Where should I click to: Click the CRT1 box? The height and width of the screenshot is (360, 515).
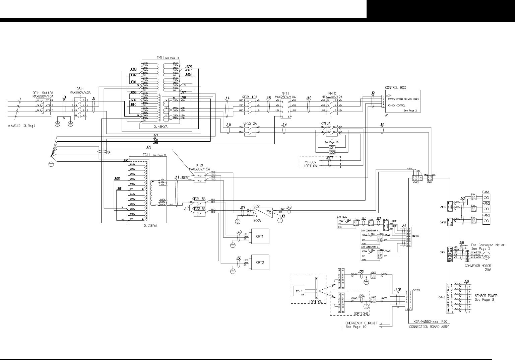(260, 236)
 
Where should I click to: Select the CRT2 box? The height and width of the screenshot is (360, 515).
(260, 262)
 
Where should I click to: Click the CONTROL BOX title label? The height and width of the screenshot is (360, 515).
(395, 88)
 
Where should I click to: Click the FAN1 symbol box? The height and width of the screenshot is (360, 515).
(486, 198)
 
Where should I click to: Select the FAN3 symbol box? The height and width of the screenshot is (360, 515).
(486, 221)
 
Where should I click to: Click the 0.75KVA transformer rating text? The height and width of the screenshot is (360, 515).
(150, 225)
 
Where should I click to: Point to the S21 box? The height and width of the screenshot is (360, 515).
(332, 147)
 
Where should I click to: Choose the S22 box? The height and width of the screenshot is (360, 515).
(332, 152)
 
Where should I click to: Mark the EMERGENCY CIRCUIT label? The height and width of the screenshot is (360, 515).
(361, 323)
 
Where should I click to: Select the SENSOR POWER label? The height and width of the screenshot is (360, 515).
(486, 296)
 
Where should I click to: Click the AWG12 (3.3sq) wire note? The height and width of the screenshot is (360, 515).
(22, 126)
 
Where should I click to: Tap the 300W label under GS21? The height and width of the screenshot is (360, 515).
(257, 221)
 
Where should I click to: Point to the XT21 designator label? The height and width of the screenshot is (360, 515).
(200, 165)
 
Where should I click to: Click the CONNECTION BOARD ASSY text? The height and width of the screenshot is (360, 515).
(429, 327)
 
